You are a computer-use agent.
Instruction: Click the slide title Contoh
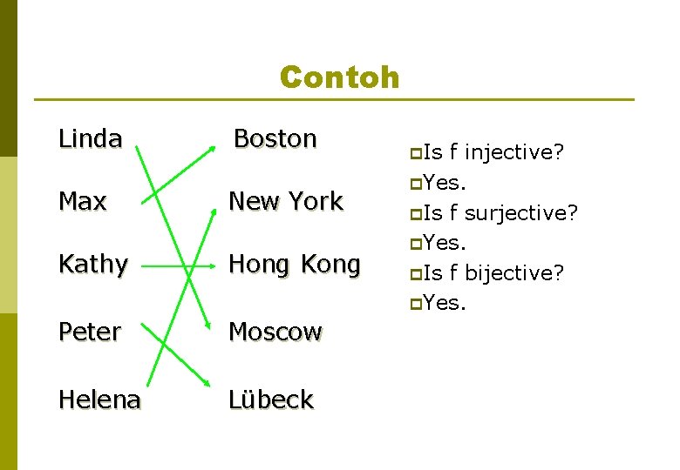[x=339, y=77]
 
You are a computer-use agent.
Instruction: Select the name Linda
[x=90, y=138]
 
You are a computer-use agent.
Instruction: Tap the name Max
[x=82, y=201]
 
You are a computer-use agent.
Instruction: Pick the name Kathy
[x=93, y=264]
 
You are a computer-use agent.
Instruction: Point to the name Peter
[x=89, y=332]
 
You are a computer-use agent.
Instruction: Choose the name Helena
[x=99, y=399]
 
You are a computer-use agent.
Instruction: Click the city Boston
[x=275, y=138]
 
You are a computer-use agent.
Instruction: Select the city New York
[x=285, y=201]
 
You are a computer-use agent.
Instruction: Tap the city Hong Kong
[x=294, y=264]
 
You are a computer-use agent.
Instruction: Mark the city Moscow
[x=275, y=332]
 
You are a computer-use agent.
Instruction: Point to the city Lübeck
[x=270, y=399]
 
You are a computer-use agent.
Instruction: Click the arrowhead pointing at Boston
[x=214, y=146]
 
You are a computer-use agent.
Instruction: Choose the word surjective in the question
[x=521, y=212]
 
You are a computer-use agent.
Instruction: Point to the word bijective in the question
[x=514, y=273]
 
